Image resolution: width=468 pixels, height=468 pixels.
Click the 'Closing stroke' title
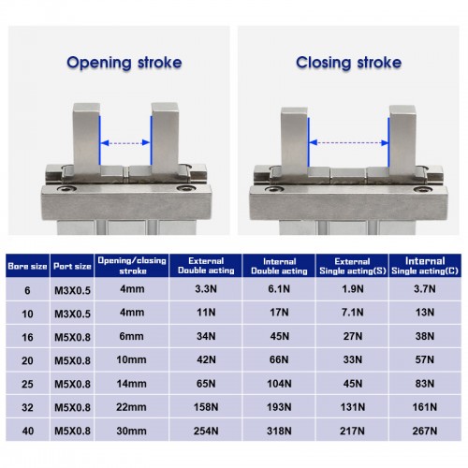349,64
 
